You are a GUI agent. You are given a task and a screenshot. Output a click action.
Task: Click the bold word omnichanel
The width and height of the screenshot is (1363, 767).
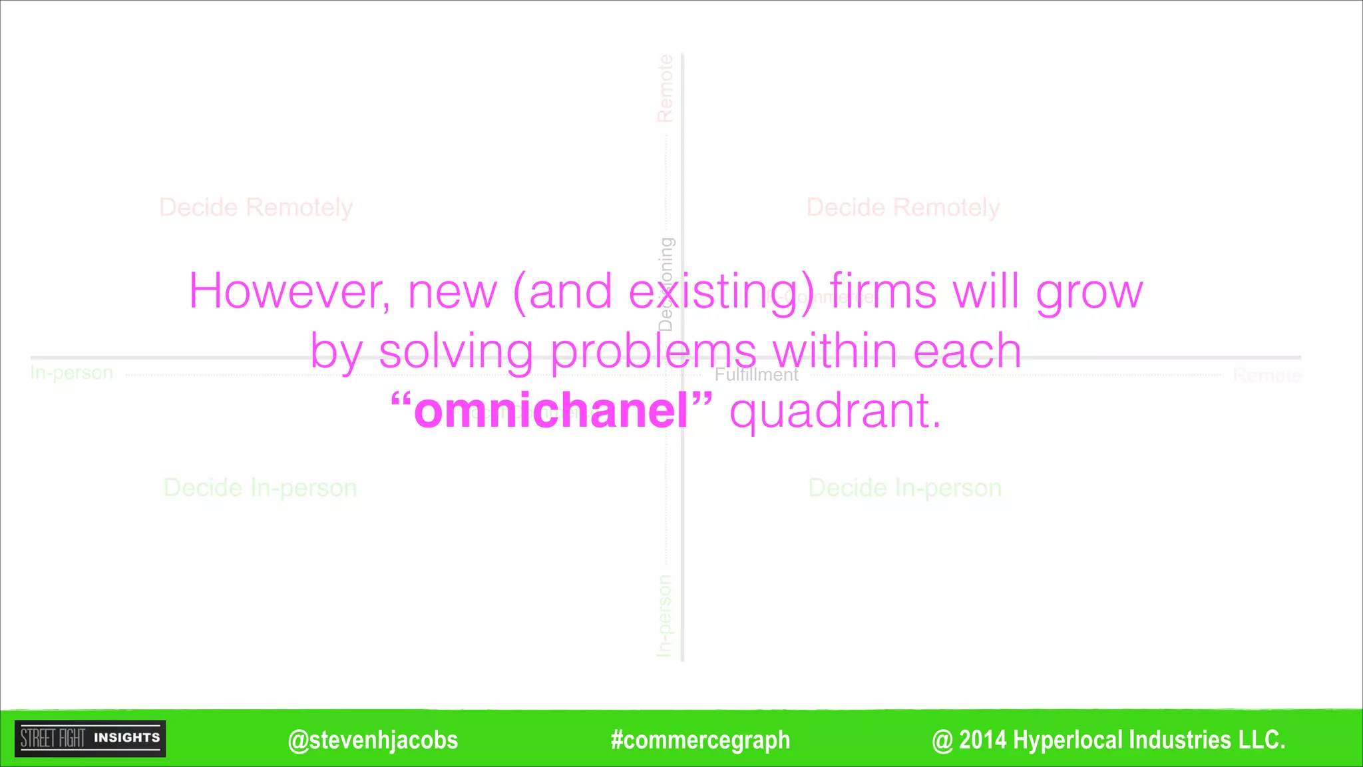pos(551,411)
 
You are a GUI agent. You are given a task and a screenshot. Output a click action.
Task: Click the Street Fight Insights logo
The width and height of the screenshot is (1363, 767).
pos(91,738)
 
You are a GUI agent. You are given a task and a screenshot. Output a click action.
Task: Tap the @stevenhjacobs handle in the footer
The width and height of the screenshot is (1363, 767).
pos(373,740)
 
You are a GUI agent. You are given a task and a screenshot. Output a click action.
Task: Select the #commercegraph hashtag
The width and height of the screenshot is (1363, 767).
pos(700,740)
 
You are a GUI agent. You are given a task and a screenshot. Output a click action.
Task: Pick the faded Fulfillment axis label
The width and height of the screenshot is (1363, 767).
pos(757,375)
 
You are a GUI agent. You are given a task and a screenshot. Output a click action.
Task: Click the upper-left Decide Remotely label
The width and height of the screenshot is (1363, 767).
pos(256,208)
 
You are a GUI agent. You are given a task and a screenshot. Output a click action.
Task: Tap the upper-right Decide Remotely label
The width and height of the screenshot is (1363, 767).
pos(903,208)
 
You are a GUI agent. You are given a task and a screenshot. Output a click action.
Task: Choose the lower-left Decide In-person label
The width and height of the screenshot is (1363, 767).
pos(260,488)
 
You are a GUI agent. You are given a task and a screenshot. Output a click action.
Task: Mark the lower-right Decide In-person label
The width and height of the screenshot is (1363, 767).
pos(904,488)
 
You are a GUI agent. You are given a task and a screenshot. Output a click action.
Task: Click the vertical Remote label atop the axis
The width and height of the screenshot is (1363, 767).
pos(665,89)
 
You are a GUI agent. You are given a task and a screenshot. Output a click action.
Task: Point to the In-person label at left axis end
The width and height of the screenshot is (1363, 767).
pos(72,373)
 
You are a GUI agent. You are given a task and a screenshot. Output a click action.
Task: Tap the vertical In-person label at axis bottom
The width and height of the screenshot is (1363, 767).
pos(665,616)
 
